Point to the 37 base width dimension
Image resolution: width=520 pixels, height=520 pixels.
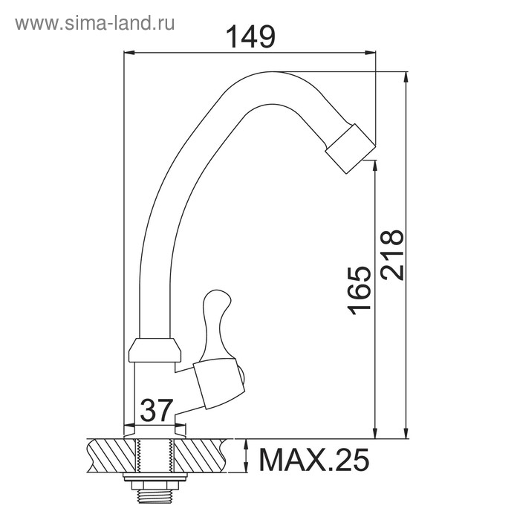pos(155,410)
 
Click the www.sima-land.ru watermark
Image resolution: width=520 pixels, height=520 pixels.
pos(95,22)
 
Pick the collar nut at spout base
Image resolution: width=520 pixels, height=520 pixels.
pos(155,350)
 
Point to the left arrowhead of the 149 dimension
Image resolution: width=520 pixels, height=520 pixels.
pos(129,53)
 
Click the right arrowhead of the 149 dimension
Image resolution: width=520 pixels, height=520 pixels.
pos(371,53)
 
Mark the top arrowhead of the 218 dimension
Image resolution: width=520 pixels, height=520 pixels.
pos(406,77)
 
